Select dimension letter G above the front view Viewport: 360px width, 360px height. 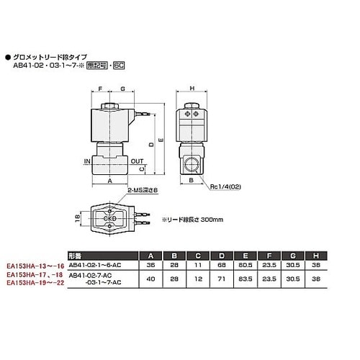[123, 89]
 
